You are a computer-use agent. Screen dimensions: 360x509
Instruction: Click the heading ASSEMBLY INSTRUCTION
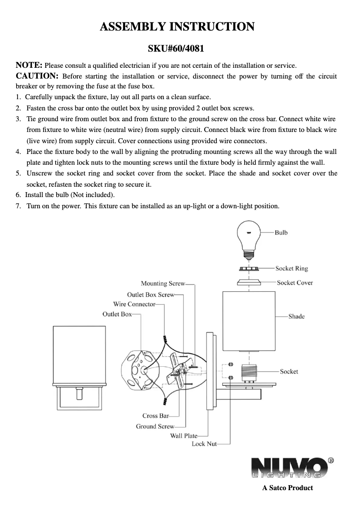[177, 26]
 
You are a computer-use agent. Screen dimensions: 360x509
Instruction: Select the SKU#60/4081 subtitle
[176, 48]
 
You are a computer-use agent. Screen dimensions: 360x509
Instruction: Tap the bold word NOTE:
[29, 65]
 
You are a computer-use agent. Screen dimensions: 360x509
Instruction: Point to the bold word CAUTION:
[37, 76]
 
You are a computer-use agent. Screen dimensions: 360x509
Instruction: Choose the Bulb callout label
[281, 233]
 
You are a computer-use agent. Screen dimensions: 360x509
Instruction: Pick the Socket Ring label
[292, 268]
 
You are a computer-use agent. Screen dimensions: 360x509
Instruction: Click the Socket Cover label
[295, 283]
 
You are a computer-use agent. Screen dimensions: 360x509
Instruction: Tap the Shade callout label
[296, 316]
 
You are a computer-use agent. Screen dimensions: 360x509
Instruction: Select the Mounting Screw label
[163, 283]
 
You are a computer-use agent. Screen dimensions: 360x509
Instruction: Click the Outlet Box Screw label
[151, 295]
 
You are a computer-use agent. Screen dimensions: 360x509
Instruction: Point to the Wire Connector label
[134, 304]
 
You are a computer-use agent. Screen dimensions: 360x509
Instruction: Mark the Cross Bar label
[156, 416]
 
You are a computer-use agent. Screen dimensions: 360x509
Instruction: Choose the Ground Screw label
[155, 426]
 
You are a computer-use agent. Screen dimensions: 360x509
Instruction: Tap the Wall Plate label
[184, 436]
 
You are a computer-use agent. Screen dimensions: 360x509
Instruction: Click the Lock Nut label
[204, 444]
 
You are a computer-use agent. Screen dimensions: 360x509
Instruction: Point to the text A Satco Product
[288, 487]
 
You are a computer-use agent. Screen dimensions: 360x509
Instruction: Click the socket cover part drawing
[249, 282]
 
